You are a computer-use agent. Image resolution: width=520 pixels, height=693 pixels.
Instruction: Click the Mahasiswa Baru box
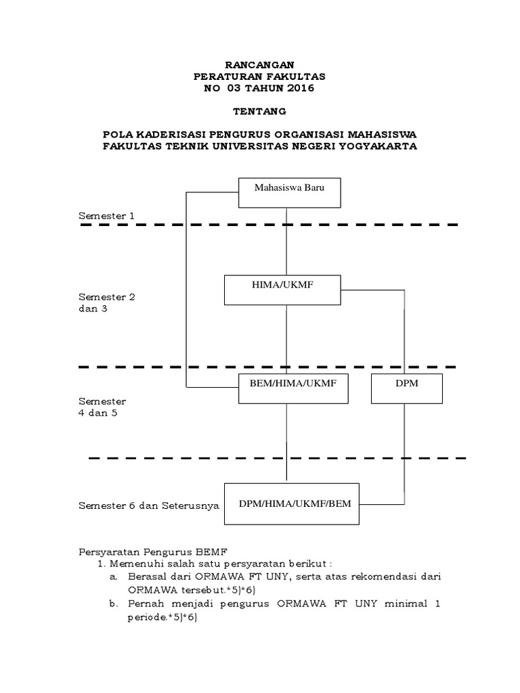pyautogui.click(x=290, y=192)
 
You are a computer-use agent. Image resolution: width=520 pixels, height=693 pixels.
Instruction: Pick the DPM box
pyautogui.click(x=408, y=387)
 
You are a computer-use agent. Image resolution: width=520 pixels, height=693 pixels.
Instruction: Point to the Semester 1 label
pyautogui.click(x=107, y=216)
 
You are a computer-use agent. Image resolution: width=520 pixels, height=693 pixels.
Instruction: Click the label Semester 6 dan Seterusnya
pyautogui.click(x=149, y=506)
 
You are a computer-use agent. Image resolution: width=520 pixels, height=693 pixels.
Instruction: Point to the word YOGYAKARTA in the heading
pyautogui.click(x=380, y=146)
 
